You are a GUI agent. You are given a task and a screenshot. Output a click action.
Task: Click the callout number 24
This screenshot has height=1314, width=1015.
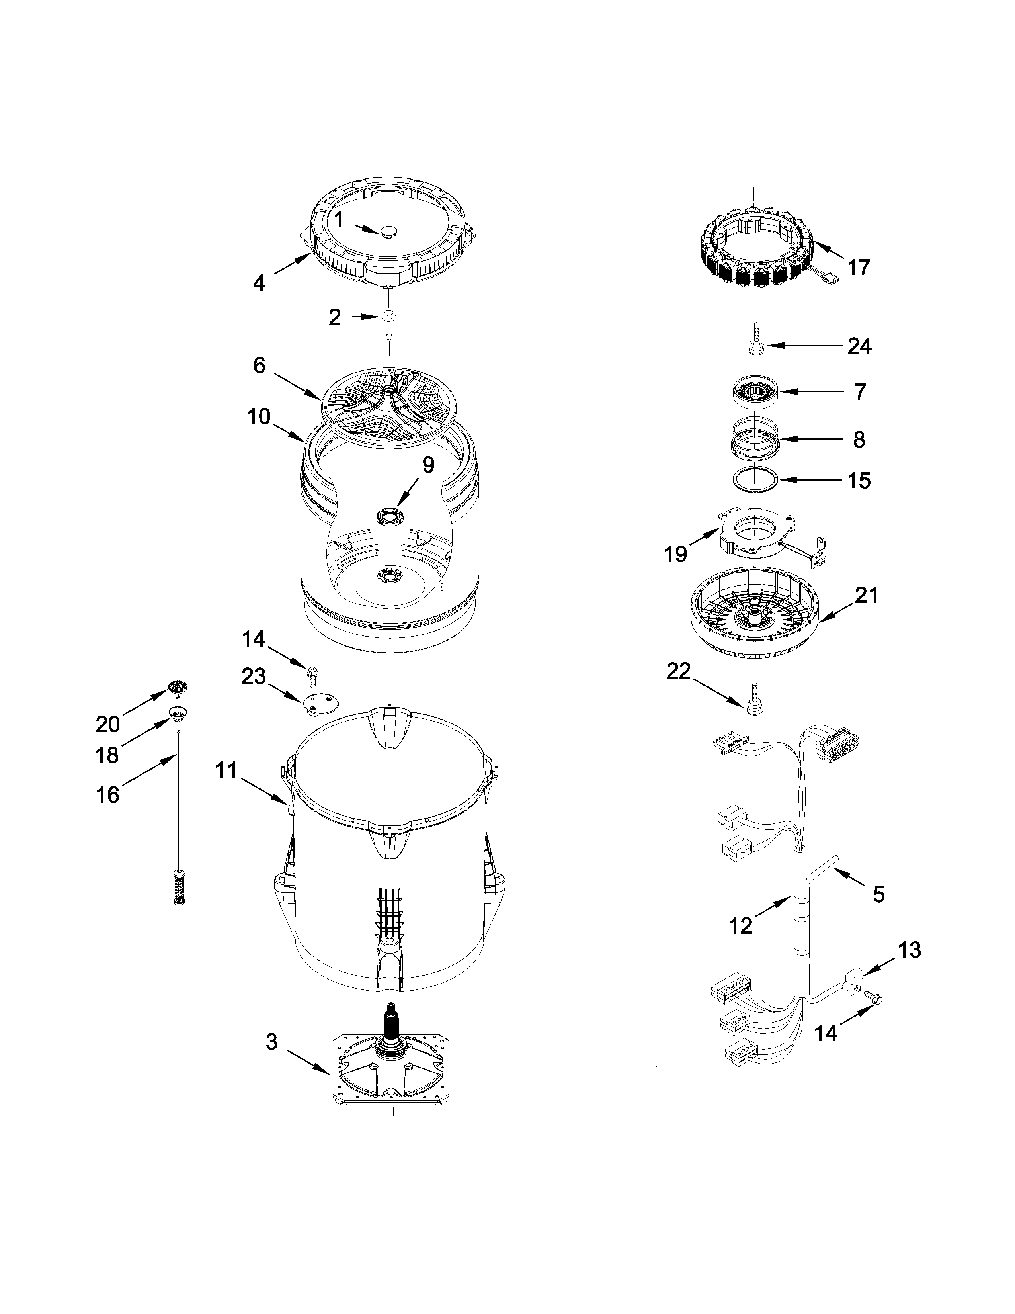coord(859,346)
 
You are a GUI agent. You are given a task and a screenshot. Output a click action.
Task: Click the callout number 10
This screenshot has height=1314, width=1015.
coord(259,416)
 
